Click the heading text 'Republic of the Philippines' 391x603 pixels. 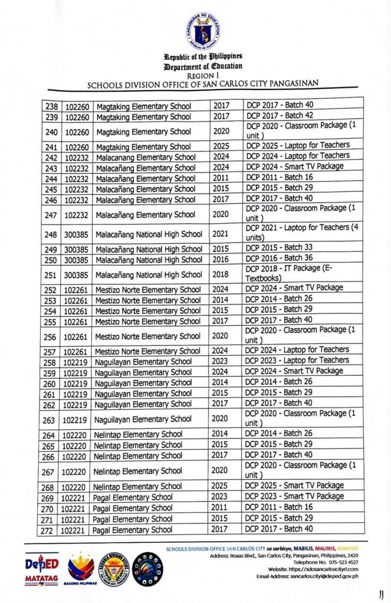click(203, 57)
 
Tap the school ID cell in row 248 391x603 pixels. click(76, 234)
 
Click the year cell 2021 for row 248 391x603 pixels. click(219, 234)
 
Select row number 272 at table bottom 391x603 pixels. click(50, 530)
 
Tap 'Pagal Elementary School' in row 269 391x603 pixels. click(133, 497)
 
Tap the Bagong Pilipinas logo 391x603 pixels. click(81, 569)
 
